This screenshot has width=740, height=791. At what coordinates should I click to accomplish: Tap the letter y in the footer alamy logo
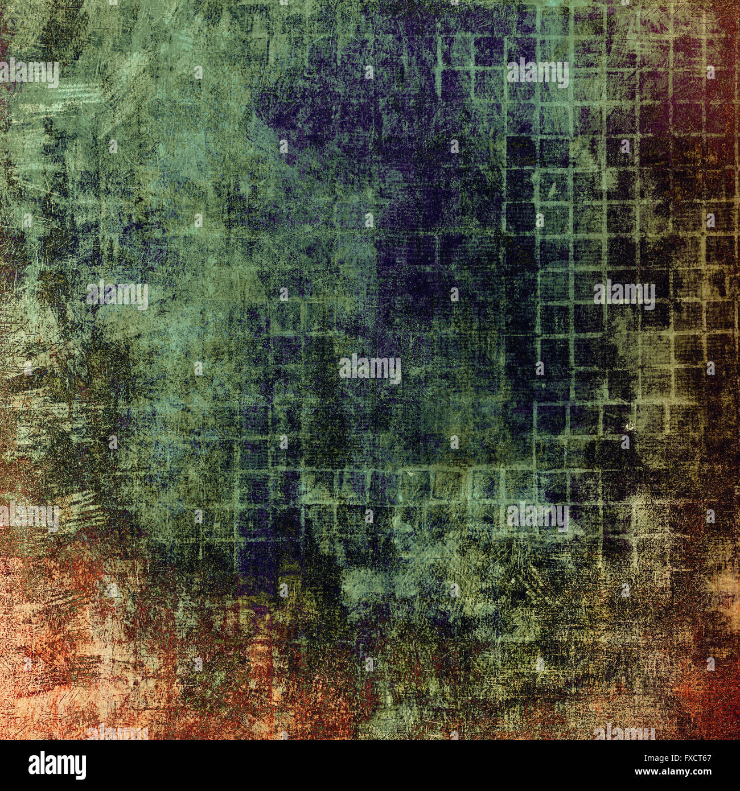coord(81,767)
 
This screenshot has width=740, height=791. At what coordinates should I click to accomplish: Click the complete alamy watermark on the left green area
coord(117,295)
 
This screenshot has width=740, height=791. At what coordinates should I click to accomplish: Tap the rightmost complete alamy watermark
coord(624,295)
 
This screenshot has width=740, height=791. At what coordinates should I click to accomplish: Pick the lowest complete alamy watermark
coord(537,516)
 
